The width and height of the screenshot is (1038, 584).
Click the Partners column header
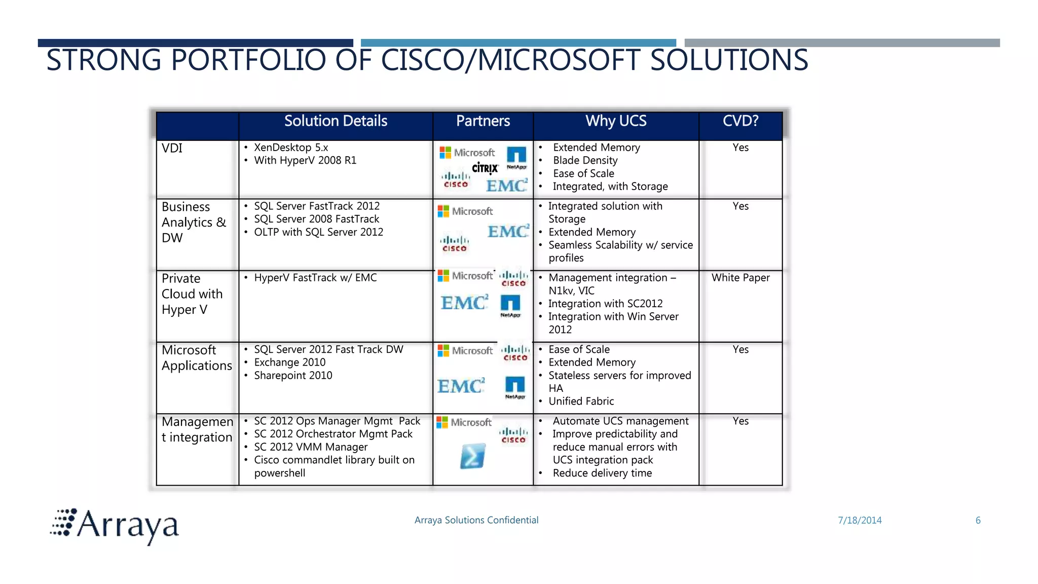[x=483, y=121]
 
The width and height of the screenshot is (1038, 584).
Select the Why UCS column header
[x=616, y=121]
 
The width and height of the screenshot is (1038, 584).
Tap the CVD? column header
[x=740, y=121]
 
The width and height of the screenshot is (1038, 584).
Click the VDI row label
[x=172, y=149]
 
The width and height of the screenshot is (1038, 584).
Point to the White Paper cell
[x=740, y=278]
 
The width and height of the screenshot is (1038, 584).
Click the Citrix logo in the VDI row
[x=485, y=168]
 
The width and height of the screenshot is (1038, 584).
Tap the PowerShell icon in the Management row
[x=472, y=456]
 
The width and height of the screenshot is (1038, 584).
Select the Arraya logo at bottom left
[x=116, y=526]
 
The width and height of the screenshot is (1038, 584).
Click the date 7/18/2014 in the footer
[x=860, y=521]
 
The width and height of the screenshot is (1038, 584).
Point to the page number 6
[x=978, y=521]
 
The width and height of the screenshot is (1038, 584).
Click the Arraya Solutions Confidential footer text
[x=476, y=520]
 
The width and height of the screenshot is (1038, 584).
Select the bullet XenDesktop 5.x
[x=291, y=148]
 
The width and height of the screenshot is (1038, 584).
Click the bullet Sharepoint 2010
[x=293, y=376]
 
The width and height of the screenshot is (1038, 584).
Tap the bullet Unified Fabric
[x=581, y=401]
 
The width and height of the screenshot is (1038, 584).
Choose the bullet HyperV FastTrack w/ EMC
[x=315, y=278]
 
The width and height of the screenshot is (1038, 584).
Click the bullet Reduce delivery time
[x=602, y=473]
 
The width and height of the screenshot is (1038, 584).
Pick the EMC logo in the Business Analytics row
[x=508, y=232]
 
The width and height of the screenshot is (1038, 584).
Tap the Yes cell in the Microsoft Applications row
[x=740, y=350]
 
